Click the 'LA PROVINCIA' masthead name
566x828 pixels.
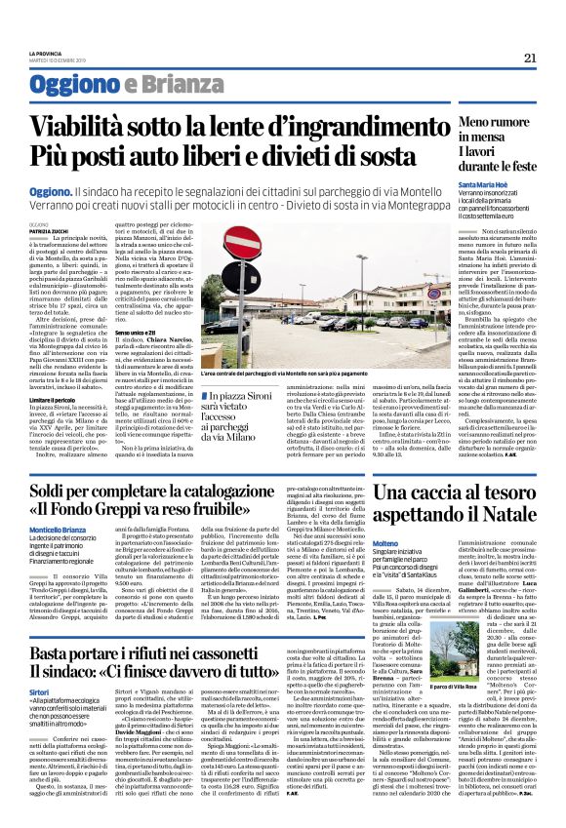click(46, 47)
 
